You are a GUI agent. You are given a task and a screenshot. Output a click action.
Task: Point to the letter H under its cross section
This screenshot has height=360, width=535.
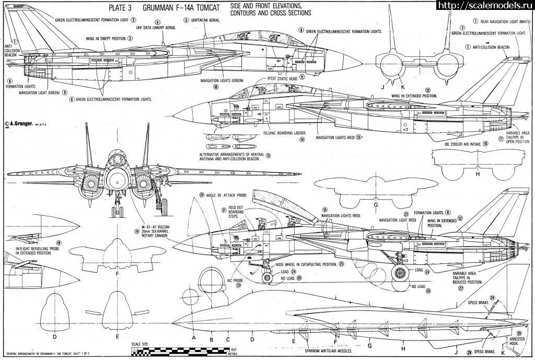click(x=476, y=173)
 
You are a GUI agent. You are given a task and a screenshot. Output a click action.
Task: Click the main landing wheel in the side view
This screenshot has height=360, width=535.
click(x=400, y=272)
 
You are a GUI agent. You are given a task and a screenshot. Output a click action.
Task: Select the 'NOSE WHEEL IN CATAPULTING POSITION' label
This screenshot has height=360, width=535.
click(x=305, y=264)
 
